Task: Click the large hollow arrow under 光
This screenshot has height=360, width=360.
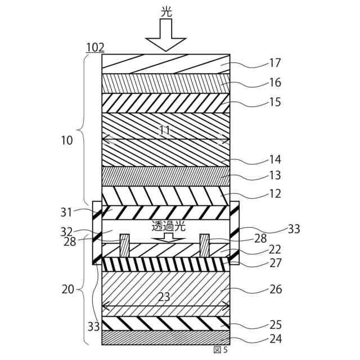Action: pyautogui.click(x=165, y=36)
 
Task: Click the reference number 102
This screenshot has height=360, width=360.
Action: pyautogui.click(x=94, y=48)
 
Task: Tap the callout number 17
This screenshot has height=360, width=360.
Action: pyautogui.click(x=275, y=63)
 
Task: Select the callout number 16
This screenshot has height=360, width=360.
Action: pyautogui.click(x=275, y=83)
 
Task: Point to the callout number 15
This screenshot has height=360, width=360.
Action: pyautogui.click(x=275, y=102)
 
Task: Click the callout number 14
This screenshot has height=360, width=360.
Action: pyautogui.click(x=275, y=160)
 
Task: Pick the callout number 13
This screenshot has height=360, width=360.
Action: pyautogui.click(x=275, y=175)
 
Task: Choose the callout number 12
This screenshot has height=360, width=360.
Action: pyautogui.click(x=275, y=194)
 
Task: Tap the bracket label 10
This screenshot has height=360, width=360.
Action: pyautogui.click(x=67, y=141)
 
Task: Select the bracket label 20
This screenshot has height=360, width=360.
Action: pyautogui.click(x=67, y=289)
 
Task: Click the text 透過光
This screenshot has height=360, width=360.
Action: pyautogui.click(x=168, y=227)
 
